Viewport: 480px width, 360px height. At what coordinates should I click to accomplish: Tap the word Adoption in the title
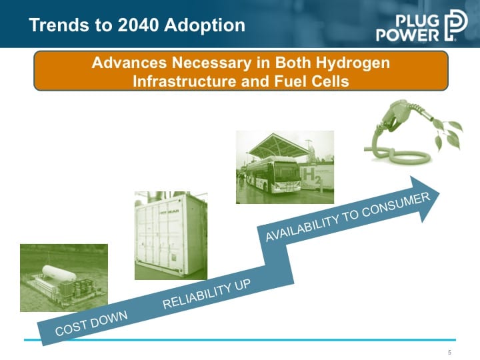pyautogui.click(x=205, y=26)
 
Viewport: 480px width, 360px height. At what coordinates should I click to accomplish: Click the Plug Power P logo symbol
pyautogui.click(x=455, y=25)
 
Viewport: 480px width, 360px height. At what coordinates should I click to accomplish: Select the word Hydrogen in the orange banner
pyautogui.click(x=353, y=63)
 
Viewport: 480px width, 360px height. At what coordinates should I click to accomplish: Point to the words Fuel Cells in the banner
pyautogui.click(x=311, y=81)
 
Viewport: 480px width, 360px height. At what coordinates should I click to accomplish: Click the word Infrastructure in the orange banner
pyautogui.click(x=185, y=81)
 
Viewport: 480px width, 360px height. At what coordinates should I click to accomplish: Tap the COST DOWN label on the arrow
pyautogui.click(x=91, y=323)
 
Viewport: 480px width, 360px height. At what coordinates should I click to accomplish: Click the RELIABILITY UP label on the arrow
pyautogui.click(x=207, y=294)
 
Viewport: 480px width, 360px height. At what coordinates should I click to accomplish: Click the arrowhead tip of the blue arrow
pyautogui.click(x=439, y=193)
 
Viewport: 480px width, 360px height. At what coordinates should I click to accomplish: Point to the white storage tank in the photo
pyautogui.click(x=59, y=273)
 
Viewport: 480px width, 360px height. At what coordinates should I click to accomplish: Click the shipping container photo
pyautogui.click(x=171, y=235)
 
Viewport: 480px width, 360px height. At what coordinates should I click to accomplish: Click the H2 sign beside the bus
pyautogui.click(x=311, y=176)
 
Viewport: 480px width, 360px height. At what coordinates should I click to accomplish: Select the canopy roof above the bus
pyautogui.click(x=278, y=145)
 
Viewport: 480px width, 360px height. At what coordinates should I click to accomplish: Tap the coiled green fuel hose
pyautogui.click(x=398, y=154)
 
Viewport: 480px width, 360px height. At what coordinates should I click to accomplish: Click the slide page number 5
pyautogui.click(x=449, y=353)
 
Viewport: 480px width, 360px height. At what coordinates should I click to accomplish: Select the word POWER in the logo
pyautogui.click(x=407, y=35)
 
